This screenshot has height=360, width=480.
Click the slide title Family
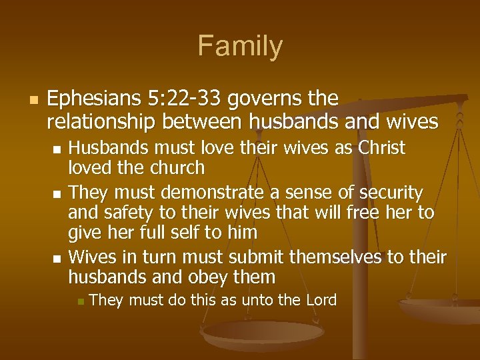240,47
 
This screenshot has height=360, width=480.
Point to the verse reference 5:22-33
178,99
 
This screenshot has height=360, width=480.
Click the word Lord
321,301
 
